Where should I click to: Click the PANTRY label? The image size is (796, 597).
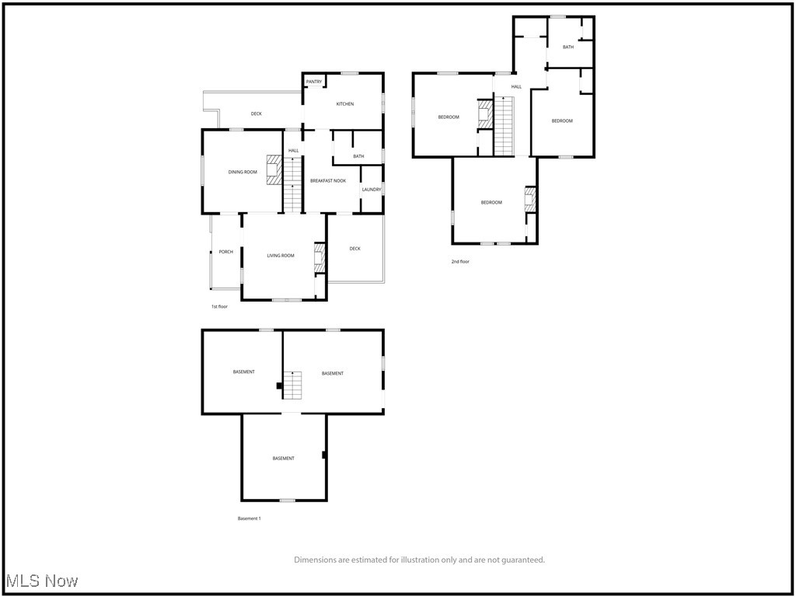314,82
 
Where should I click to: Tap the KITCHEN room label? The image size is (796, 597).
345,104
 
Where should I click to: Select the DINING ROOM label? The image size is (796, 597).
243,172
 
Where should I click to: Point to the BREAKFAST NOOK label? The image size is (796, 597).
328,180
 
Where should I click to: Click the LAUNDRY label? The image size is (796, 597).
372,189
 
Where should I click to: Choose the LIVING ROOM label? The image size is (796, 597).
281,256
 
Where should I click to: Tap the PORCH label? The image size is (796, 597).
225,252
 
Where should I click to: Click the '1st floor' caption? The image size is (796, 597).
219,306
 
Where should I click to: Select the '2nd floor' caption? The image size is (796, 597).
460,261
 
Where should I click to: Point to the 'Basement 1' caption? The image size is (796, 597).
249,518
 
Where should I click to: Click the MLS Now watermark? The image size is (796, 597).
42,581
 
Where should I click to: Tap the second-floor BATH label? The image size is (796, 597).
568,47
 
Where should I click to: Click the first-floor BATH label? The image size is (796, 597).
358,156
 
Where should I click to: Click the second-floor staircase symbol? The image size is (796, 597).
505,124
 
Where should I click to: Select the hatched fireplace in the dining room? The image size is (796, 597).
274,169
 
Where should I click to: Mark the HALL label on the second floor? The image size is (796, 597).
516,86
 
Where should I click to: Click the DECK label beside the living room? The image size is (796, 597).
354,249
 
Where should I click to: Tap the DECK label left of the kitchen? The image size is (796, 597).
257,114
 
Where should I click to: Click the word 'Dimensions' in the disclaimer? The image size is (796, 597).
314,560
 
